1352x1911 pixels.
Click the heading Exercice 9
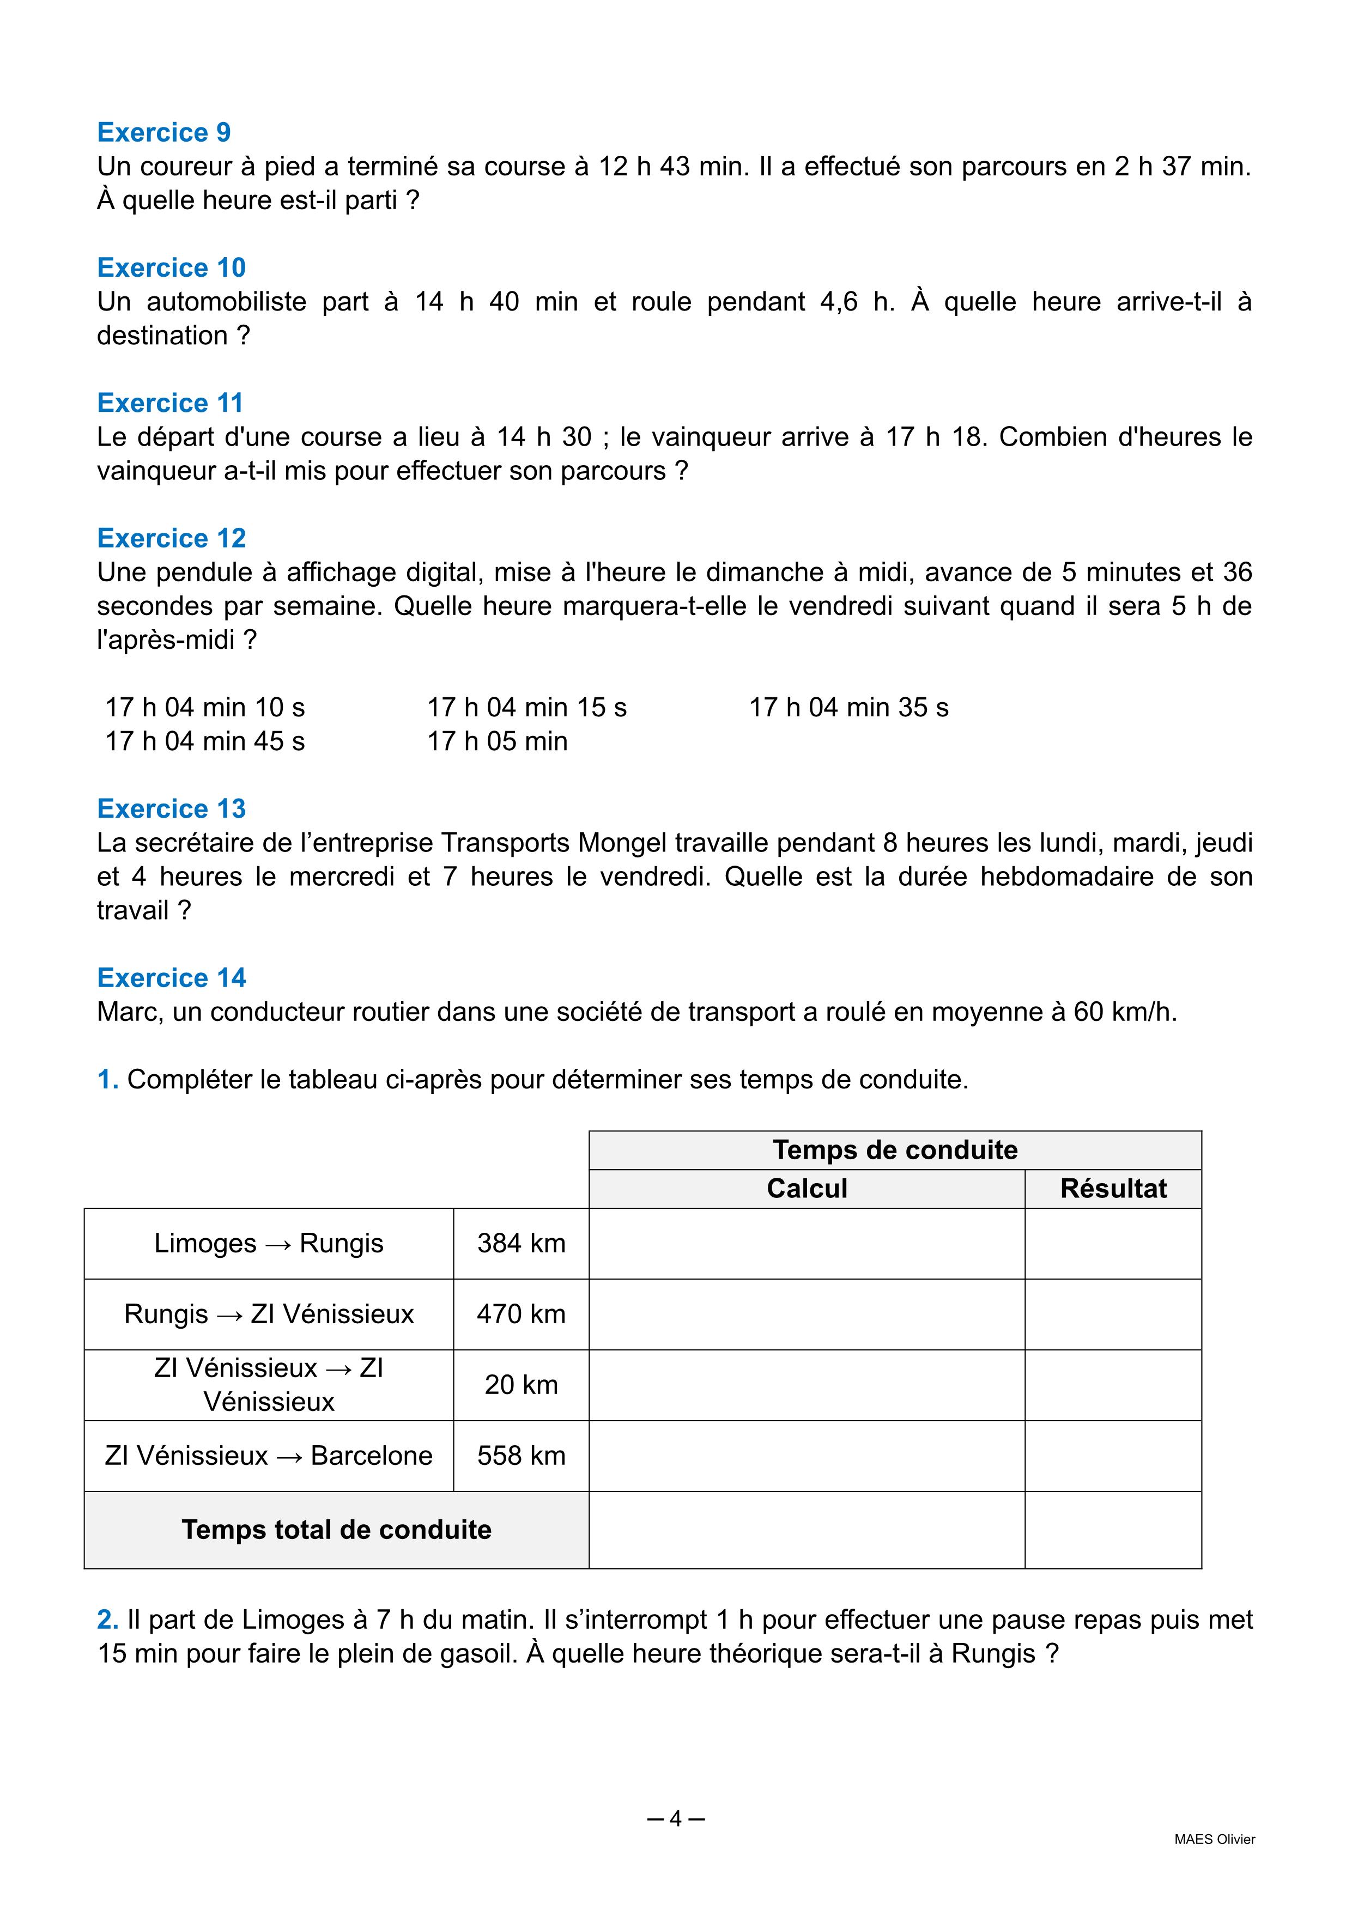pos(164,132)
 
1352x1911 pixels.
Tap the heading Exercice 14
pos(172,977)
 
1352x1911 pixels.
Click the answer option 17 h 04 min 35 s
pos(848,708)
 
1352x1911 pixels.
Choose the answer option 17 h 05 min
pos(497,741)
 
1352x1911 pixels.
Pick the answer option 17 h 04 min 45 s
pos(205,741)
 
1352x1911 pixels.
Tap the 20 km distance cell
pos(521,1384)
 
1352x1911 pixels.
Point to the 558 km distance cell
pos(521,1455)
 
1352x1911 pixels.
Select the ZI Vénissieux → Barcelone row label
pos(269,1455)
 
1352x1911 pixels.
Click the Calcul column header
pos(807,1189)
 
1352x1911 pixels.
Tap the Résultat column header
pos(1113,1189)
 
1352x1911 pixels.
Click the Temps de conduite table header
pos(895,1151)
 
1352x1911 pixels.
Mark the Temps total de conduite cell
pos(336,1529)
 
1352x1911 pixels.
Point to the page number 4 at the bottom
pos(675,1818)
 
